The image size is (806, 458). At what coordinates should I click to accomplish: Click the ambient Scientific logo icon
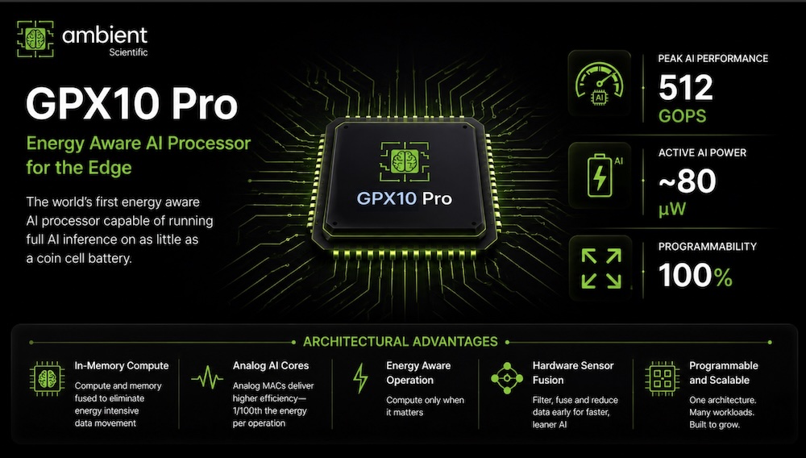(35, 39)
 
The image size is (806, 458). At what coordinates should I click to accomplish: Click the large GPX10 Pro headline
(131, 104)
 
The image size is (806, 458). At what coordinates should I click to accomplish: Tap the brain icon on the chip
(405, 161)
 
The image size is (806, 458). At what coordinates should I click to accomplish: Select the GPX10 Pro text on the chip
(405, 198)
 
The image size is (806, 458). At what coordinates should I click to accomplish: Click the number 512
(686, 88)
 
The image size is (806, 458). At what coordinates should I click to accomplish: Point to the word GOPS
(682, 116)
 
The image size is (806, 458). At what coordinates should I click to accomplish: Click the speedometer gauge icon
(599, 83)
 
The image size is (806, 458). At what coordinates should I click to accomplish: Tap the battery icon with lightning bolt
(600, 175)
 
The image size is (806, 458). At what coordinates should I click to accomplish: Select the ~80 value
(688, 181)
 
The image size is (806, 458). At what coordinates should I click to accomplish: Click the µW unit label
(672, 209)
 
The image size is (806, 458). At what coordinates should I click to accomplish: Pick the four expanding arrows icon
(601, 269)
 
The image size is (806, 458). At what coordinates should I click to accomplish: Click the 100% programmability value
(696, 276)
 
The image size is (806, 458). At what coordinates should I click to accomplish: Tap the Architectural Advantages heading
(401, 342)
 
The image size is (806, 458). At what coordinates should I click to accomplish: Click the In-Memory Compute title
(122, 365)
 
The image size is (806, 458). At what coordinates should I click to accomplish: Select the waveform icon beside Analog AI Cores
(207, 380)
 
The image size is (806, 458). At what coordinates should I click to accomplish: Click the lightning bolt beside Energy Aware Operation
(361, 378)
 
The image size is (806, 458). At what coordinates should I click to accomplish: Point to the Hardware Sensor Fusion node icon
(507, 378)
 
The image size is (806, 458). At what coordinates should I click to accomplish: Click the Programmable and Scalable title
(724, 373)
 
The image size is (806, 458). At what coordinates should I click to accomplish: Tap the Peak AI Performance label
(713, 59)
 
